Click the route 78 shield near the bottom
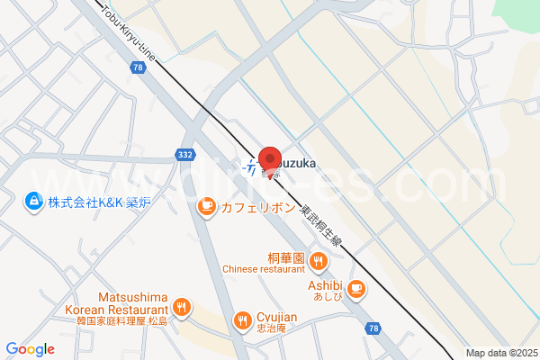[x=373, y=329]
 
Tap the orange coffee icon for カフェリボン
[x=205, y=208]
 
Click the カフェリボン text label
[x=258, y=208]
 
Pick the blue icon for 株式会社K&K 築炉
[x=33, y=201]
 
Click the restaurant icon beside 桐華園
[x=317, y=262]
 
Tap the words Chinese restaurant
[x=264, y=269]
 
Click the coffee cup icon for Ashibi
[x=356, y=289]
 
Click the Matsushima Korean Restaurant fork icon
[x=182, y=308]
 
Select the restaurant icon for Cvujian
[x=241, y=320]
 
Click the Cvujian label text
[x=279, y=317]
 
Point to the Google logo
[x=30, y=349]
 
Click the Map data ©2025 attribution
[x=500, y=352]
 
